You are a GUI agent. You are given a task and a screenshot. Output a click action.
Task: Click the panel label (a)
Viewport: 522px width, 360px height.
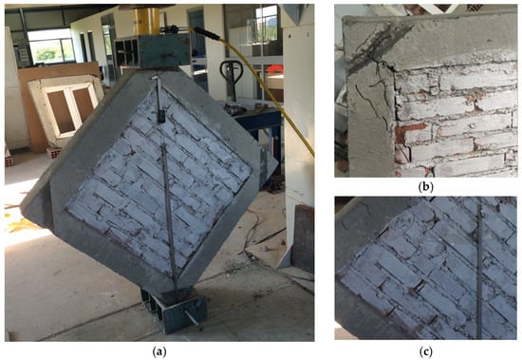point(159,351)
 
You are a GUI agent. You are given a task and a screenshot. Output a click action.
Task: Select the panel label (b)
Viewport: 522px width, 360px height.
point(425,187)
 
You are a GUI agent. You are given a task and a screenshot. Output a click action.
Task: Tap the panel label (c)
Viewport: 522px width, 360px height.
point(425,351)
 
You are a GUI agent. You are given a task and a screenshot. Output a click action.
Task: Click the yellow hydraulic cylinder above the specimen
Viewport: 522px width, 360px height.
point(146,21)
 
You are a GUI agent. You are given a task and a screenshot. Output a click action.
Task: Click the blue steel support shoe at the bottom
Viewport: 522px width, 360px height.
point(177,309)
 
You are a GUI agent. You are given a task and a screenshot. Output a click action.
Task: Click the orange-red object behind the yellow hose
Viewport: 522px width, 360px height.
point(275,69)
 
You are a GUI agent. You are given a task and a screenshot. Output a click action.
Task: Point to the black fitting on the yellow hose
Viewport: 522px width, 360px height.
point(205,33)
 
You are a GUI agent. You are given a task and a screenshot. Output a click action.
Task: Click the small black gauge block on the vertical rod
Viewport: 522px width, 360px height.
point(160,117)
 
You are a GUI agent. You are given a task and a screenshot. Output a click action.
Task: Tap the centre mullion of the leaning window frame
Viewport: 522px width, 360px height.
point(69,105)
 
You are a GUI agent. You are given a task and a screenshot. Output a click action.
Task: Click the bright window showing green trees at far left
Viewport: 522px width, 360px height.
point(51,46)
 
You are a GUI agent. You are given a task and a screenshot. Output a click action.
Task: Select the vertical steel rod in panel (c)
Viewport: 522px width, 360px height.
point(478,270)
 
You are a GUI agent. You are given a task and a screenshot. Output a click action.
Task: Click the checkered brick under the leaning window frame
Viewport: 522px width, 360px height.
point(55,152)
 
